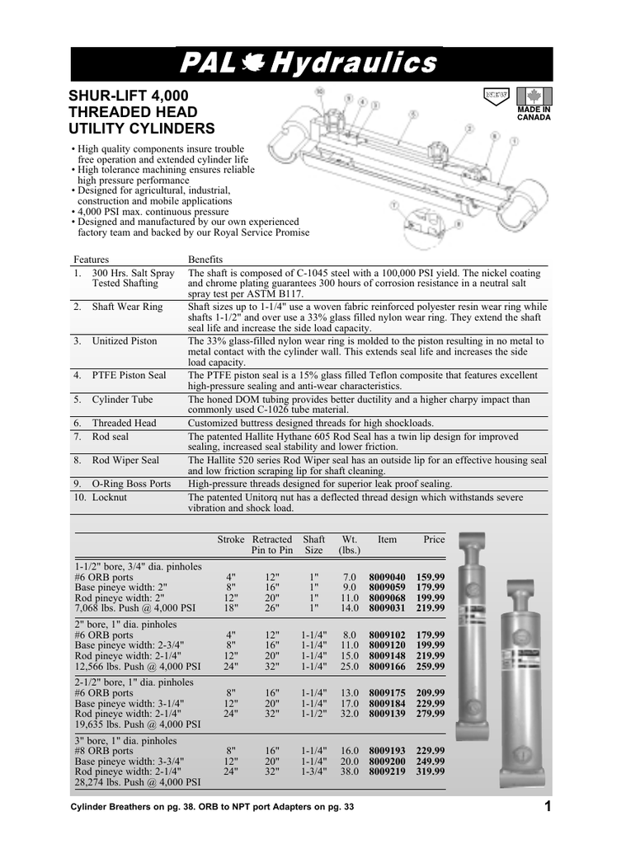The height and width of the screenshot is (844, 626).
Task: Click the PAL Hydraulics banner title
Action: coord(311,63)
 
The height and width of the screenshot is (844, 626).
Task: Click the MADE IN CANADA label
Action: coord(534,113)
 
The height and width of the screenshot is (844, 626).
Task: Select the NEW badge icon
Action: coord(496,95)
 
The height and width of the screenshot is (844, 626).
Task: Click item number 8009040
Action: coord(387,577)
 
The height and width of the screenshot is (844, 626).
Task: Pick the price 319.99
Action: coord(431,772)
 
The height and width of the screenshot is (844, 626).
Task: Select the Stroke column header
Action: coord(230,540)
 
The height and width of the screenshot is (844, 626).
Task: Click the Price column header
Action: coord(433,540)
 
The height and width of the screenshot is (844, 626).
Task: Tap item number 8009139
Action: coord(387,714)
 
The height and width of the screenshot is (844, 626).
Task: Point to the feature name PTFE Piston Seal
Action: coord(129,375)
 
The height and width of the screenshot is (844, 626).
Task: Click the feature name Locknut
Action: coord(109,498)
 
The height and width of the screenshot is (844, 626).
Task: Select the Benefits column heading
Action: coord(206,259)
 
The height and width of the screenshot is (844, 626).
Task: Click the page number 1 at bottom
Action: coord(548,806)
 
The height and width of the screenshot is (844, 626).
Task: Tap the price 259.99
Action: coord(431,666)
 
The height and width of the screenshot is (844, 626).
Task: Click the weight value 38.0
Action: coord(351,772)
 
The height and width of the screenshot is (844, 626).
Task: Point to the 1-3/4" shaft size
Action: coord(314,772)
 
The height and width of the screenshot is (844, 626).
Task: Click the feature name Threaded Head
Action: coord(124,423)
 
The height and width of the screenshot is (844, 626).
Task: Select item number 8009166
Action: coord(387,666)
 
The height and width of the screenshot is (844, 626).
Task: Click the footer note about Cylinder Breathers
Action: coord(212,807)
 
